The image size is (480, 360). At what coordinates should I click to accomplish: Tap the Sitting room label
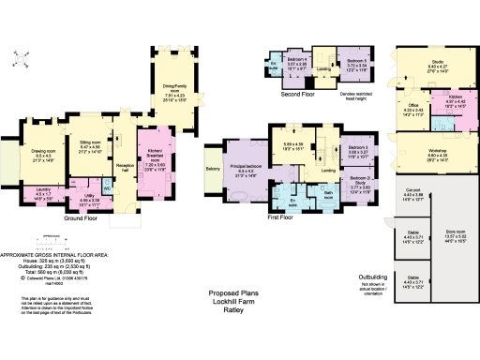pos(91,117)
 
